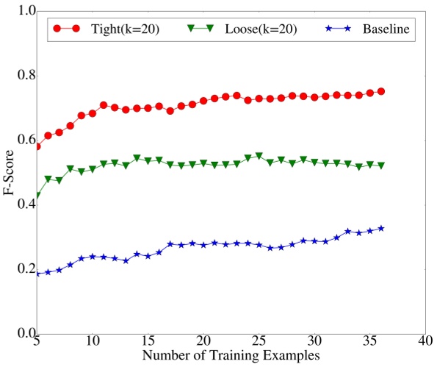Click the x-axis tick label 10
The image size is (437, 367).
point(93,342)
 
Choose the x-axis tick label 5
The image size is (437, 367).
point(37,342)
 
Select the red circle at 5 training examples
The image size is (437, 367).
point(37,146)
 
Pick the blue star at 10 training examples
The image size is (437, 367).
point(93,257)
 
